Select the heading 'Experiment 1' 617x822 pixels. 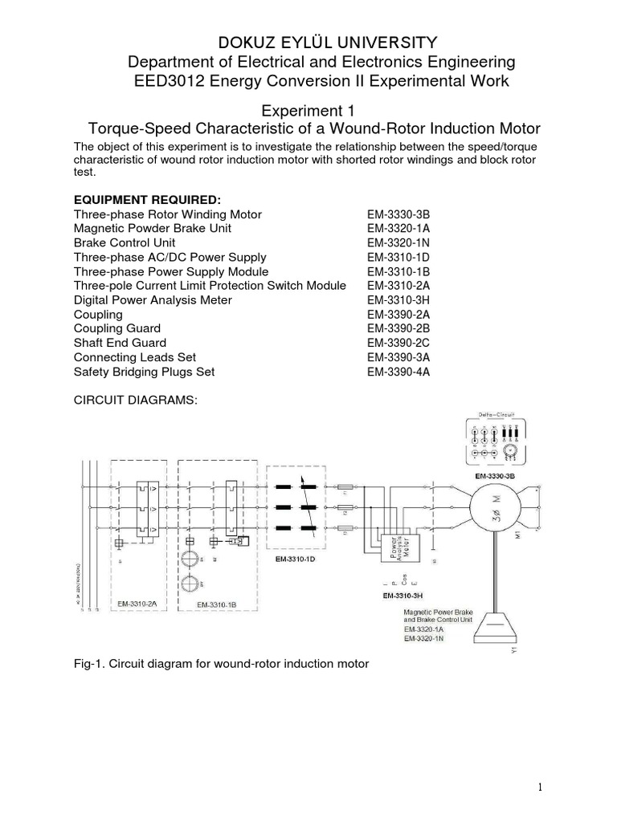click(309, 110)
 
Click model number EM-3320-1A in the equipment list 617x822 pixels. click(398, 228)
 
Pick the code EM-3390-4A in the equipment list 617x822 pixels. click(398, 372)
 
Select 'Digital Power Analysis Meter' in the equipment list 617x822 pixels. click(153, 300)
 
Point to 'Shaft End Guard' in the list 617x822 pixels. click(120, 344)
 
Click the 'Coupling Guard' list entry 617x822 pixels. click(117, 329)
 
